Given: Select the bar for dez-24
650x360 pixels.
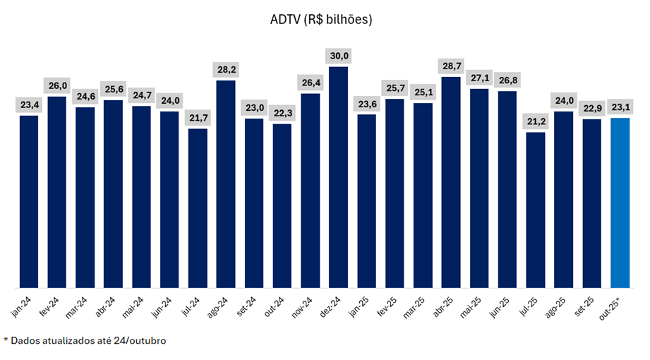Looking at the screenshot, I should [338, 176].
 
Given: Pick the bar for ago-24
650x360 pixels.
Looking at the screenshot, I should [226, 184].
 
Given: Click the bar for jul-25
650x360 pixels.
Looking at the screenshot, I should [536, 210].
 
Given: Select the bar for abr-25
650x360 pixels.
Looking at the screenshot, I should [451, 182].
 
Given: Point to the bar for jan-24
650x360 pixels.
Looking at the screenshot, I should [29, 201].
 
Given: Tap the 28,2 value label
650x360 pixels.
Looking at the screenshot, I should [226, 70].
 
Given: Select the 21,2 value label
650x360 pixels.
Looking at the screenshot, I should [536, 121].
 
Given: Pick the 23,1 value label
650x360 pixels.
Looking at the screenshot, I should [620, 107].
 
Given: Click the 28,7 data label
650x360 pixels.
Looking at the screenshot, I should [451, 66].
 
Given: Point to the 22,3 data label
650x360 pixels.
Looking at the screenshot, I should [282, 113].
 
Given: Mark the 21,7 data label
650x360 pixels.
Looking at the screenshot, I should [198, 118].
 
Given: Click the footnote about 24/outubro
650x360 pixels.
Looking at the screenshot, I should [85, 340].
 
